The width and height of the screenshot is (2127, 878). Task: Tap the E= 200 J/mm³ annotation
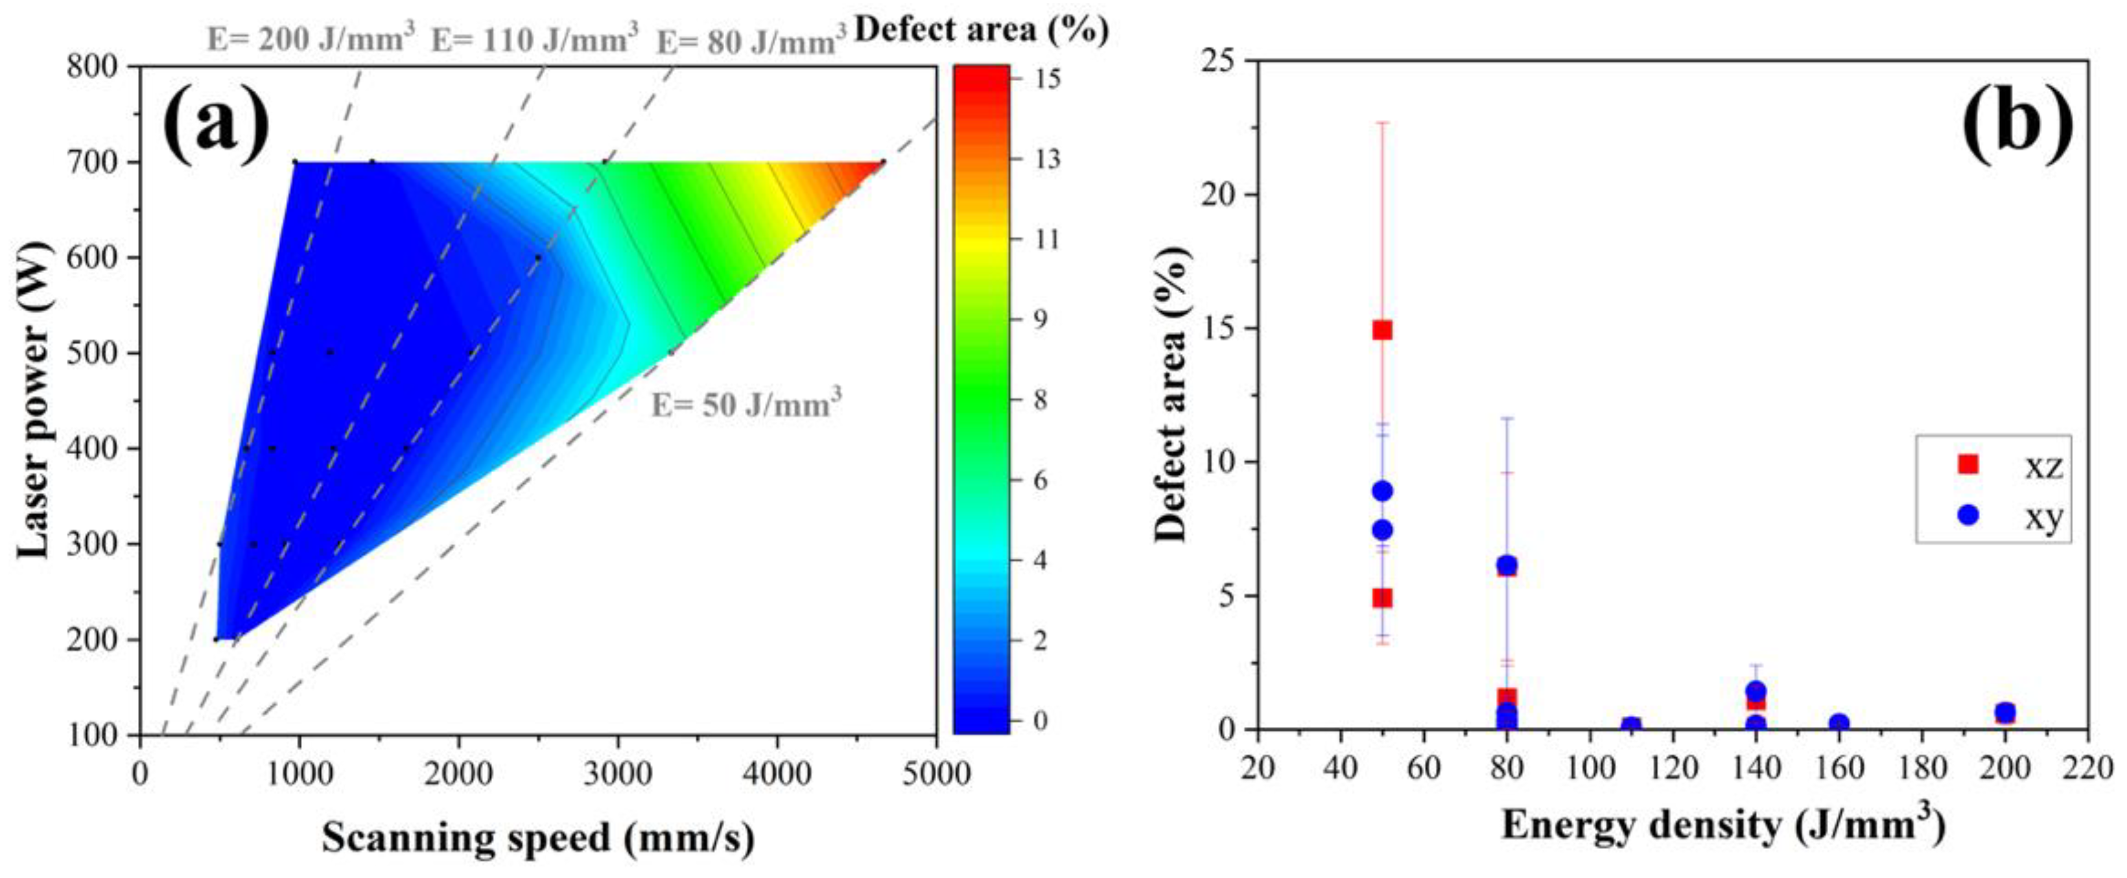pyautogui.click(x=310, y=38)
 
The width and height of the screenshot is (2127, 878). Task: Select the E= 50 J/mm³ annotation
pyautogui.click(x=746, y=405)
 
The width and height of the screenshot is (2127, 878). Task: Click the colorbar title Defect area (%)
pyautogui.click(x=981, y=30)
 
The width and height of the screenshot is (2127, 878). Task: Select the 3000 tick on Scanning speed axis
pyautogui.click(x=617, y=774)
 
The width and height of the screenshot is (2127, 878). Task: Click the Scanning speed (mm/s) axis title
pyautogui.click(x=537, y=838)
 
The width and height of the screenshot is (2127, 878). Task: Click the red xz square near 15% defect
pyautogui.click(x=1382, y=329)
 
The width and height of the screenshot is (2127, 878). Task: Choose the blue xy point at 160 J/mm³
pyautogui.click(x=1839, y=724)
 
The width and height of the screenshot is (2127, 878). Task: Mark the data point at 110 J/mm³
pyautogui.click(x=1631, y=727)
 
